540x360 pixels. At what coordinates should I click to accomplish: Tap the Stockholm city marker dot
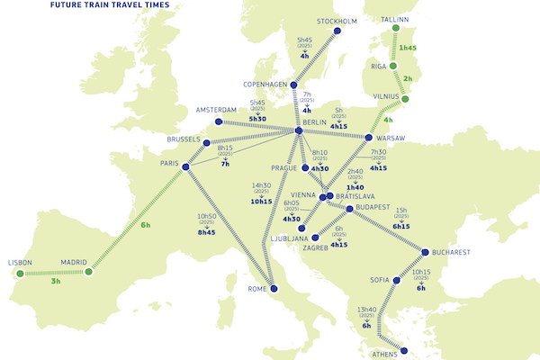(x=338, y=31)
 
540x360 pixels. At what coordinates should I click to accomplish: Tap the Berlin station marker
(x=298, y=132)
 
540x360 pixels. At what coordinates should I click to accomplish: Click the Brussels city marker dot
(x=206, y=142)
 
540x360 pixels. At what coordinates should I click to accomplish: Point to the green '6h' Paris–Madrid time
(x=146, y=225)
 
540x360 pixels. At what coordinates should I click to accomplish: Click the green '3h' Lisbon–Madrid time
(x=58, y=282)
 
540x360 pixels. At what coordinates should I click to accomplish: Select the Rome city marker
(x=274, y=289)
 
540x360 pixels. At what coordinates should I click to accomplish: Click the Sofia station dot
(x=396, y=280)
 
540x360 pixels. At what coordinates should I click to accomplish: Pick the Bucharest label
(x=449, y=253)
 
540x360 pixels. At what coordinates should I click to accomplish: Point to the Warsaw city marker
(x=369, y=138)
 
